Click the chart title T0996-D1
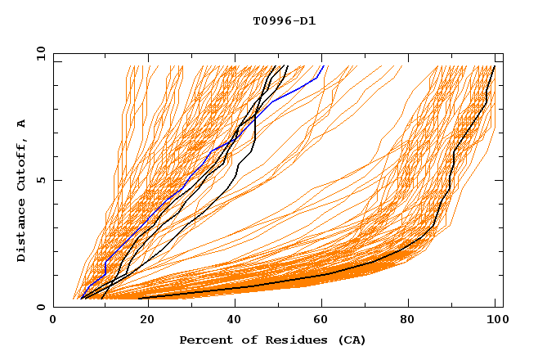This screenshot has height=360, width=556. [x=284, y=21]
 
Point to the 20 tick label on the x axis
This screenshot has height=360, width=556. [x=142, y=322]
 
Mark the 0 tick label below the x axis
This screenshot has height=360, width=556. [x=53, y=322]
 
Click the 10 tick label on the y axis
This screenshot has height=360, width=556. [x=41, y=53]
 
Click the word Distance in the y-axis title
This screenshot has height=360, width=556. [x=22, y=232]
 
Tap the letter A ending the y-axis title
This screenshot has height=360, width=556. [x=22, y=123]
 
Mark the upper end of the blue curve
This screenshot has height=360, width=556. [x=323, y=66]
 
